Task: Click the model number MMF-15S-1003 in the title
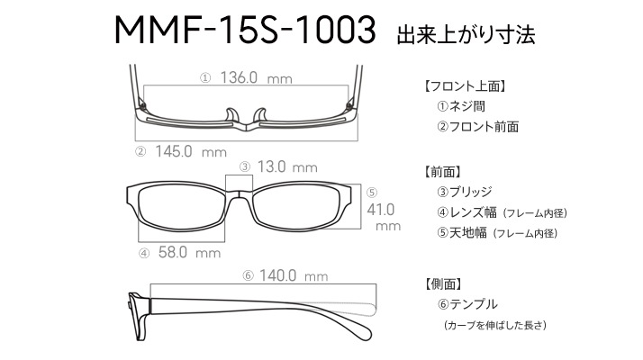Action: point(245,30)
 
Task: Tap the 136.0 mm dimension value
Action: point(257,77)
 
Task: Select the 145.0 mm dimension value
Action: point(191,152)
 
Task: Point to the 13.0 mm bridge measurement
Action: point(287,166)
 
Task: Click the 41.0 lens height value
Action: point(381,210)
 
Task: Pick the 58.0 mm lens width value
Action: point(189,252)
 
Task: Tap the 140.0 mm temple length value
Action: point(294,275)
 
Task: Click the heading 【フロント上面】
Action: point(465,86)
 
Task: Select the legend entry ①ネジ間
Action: point(461,106)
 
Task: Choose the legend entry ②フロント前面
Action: point(478,127)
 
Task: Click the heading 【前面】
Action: point(442,172)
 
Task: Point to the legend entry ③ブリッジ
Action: point(465,192)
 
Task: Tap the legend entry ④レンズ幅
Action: point(467,212)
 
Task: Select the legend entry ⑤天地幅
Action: point(462,233)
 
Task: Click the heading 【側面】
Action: point(442,283)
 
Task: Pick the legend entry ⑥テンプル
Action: point(467,304)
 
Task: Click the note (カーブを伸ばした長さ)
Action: point(495,325)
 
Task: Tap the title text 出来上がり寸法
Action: point(466,34)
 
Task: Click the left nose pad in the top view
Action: point(231,114)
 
